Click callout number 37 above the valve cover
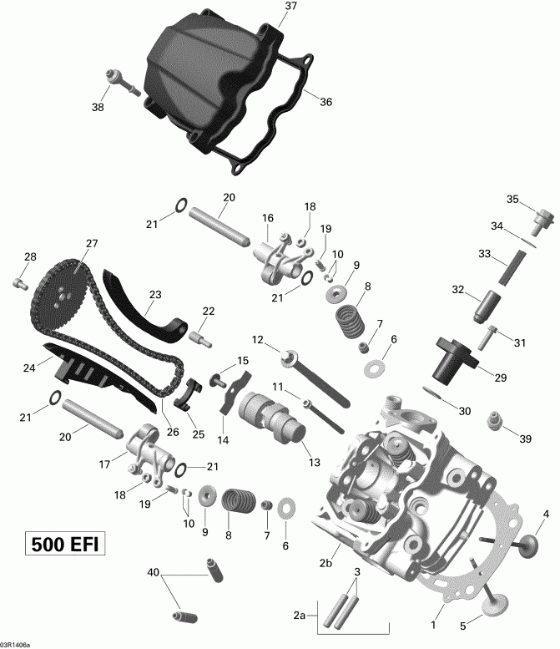point(290,6)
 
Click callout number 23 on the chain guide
point(154,294)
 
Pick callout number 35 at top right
point(513,198)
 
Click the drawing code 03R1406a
point(17,644)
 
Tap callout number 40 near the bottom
point(153,572)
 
